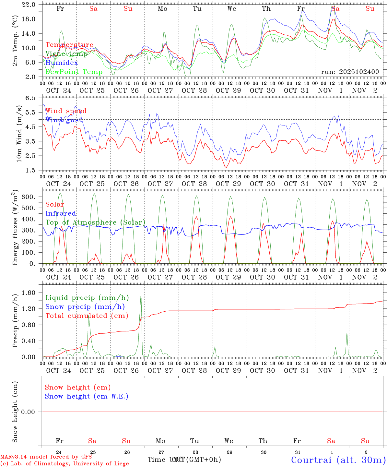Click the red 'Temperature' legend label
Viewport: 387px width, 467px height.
tap(69, 45)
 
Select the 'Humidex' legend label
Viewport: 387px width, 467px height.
tap(62, 63)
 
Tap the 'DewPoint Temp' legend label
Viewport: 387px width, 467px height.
tap(74, 72)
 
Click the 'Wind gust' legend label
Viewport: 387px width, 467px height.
tap(64, 120)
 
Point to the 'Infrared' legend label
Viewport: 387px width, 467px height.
tap(61, 213)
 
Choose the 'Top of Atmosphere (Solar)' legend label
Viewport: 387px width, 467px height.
tap(95, 222)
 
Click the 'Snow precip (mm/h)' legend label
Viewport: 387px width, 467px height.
tap(85, 307)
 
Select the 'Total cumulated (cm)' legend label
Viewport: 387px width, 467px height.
tap(87, 316)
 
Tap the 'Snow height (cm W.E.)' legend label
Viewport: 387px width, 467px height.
tap(87, 396)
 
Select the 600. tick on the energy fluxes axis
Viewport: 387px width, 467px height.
tap(29, 197)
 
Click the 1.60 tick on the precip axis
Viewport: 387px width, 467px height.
tap(29, 293)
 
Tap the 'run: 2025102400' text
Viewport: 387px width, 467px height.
tap(350, 72)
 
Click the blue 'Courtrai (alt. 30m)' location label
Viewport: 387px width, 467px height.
tap(338, 460)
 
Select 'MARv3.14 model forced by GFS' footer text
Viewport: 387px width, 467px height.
tap(46, 457)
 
